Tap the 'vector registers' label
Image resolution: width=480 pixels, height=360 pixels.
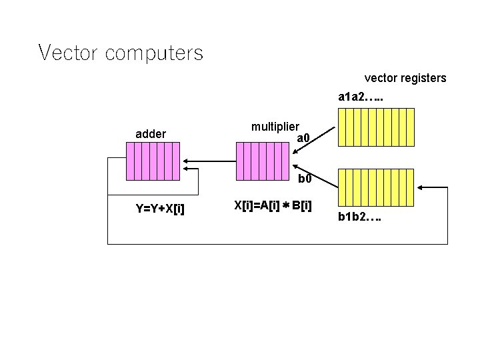(x=405, y=78)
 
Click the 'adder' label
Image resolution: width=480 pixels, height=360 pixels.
(x=151, y=134)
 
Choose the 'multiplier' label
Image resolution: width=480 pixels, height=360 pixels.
(x=275, y=126)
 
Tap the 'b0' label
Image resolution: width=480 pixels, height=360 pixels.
(x=304, y=179)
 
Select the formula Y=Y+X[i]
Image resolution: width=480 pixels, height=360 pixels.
(x=160, y=209)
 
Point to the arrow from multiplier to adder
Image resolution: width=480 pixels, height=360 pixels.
(x=209, y=161)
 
